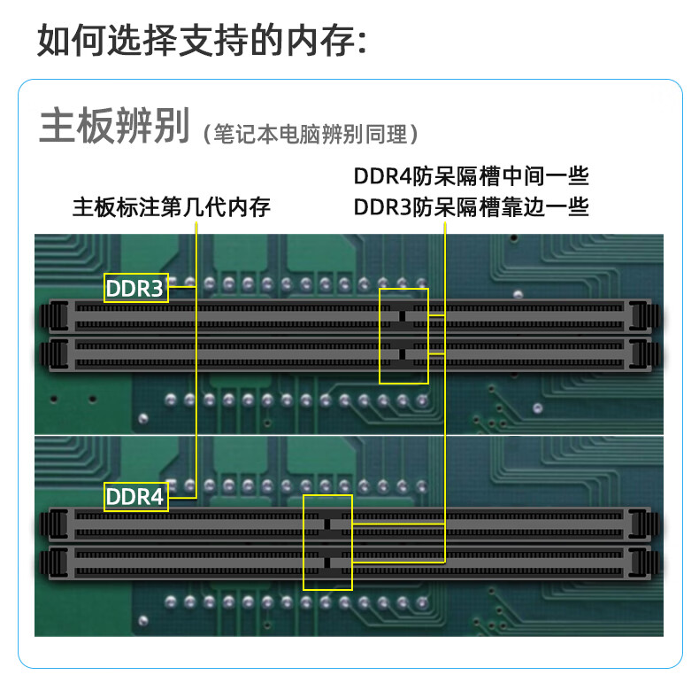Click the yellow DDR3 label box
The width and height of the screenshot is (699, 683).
(x=135, y=288)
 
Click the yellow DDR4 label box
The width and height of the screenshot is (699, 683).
(x=135, y=496)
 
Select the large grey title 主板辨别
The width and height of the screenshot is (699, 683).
(x=114, y=128)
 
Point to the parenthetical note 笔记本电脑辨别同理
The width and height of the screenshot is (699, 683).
(x=311, y=135)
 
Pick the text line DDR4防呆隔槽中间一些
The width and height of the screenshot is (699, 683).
(x=472, y=175)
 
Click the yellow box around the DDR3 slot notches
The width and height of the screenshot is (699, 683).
(x=403, y=336)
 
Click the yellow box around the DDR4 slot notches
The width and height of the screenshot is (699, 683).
(x=327, y=542)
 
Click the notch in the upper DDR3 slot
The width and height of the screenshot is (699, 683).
(x=402, y=316)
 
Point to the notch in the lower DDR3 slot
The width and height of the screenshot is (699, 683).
(x=402, y=354)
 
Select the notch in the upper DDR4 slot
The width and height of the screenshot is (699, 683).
(x=326, y=523)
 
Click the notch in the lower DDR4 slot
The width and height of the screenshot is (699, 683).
(x=326, y=561)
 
